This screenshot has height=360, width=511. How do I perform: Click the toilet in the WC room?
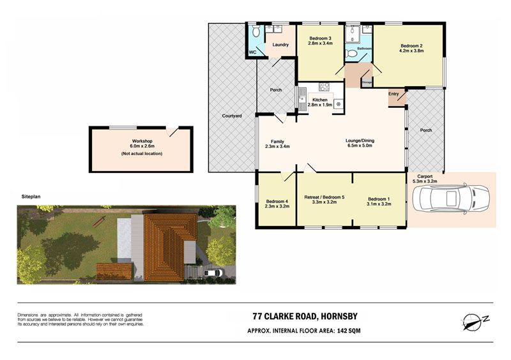pos(256,31)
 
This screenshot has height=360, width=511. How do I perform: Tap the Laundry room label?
pos(280,45)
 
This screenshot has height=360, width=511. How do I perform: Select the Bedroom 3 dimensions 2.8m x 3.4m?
pos(321,43)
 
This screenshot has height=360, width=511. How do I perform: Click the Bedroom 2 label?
pos(411,46)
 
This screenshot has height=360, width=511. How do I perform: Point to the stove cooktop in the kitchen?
pos(324,87)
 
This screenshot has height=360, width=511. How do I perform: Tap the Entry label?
pos(393,94)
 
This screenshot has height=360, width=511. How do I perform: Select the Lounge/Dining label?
pos(360,140)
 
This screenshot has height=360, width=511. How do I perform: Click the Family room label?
pos(277,142)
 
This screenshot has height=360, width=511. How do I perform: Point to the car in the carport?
pos(451,199)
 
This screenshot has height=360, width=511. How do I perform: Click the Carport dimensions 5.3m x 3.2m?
pos(425,181)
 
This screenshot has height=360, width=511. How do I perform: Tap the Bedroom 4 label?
pos(277,201)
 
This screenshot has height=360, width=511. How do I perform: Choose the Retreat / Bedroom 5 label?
pos(324,197)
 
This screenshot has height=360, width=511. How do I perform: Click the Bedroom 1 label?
pos(379,199)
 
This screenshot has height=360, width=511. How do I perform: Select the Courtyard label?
pos(232,116)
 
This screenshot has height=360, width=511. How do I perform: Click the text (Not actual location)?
pos(142,153)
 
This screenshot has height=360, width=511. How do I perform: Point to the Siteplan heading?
pos(31,197)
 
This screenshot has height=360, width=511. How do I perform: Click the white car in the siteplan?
pos(213,273)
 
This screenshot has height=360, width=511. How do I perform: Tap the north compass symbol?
pos(475,321)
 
